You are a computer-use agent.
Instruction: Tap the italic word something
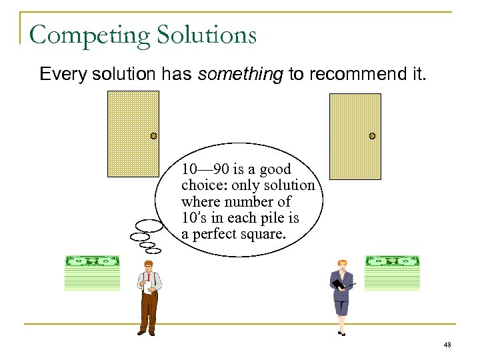pyautogui.click(x=240, y=74)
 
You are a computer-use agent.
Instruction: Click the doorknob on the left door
pyautogui.click(x=153, y=136)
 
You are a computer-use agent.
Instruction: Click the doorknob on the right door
pyautogui.click(x=372, y=136)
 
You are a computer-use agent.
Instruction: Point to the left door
pyautogui.click(x=133, y=133)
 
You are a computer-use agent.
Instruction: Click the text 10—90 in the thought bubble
pyautogui.click(x=204, y=169)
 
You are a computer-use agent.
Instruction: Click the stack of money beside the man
pyautogui.click(x=92, y=273)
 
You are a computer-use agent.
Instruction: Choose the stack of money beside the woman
pyautogui.click(x=392, y=273)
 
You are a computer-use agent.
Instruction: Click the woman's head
pyautogui.click(x=343, y=265)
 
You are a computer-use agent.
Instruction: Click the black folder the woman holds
pyautogui.click(x=339, y=284)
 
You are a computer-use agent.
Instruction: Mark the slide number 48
pyautogui.click(x=447, y=345)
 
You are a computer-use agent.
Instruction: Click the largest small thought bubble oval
pyautogui.click(x=148, y=225)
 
